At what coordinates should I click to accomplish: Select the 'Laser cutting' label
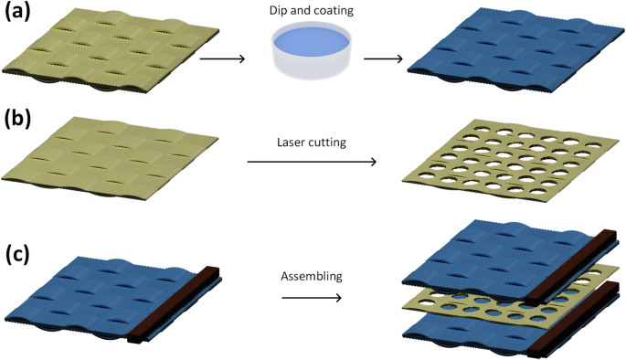pyautogui.click(x=312, y=143)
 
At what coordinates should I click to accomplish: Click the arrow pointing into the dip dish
pyautogui.click(x=222, y=59)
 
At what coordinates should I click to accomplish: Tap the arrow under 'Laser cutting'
pyautogui.click(x=313, y=164)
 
